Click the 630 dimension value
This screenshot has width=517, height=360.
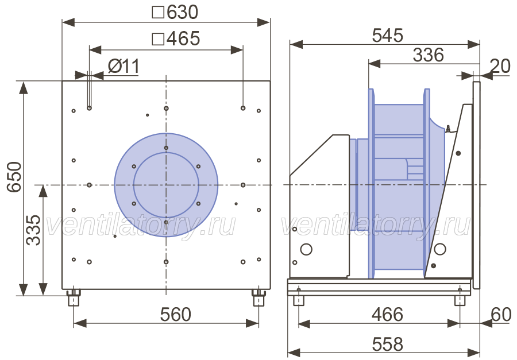(182, 12)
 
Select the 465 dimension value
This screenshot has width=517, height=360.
(183, 38)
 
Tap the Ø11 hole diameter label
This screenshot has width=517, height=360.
(124, 66)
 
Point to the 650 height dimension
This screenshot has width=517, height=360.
(14, 176)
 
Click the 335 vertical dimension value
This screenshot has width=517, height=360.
(33, 230)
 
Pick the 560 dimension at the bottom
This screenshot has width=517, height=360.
(175, 314)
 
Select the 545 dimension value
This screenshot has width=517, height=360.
(387, 35)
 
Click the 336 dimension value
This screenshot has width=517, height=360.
(429, 55)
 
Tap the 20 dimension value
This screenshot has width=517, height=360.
(500, 66)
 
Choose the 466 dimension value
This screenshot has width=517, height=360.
(387, 314)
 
